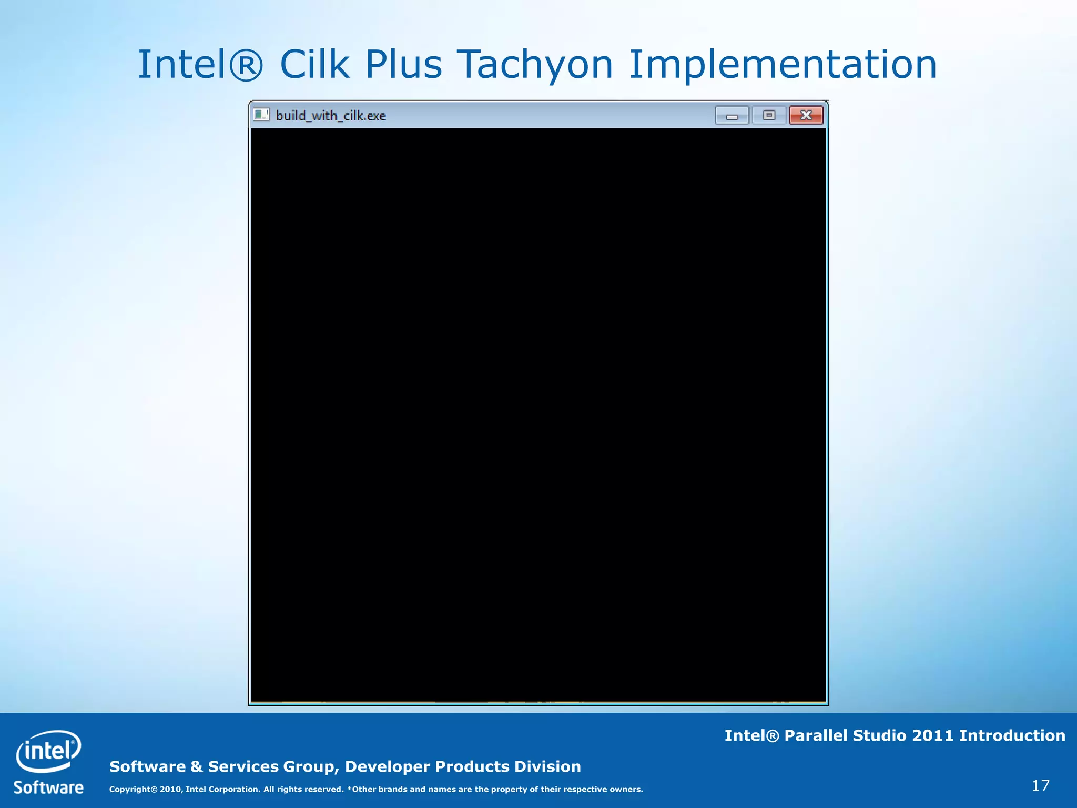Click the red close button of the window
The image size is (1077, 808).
[x=806, y=115]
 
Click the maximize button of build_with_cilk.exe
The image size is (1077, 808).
[x=769, y=115]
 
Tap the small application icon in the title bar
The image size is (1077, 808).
[x=261, y=115]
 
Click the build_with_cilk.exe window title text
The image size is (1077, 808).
[x=331, y=116]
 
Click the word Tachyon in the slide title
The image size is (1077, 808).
[x=535, y=65]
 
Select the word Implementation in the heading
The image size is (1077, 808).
[x=783, y=65]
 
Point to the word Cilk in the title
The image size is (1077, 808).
[x=314, y=65]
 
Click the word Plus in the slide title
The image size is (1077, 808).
[x=403, y=65]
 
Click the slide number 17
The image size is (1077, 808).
[x=1040, y=785]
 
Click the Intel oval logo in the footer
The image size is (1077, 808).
[x=48, y=751]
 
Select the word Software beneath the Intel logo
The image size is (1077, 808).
[x=48, y=787]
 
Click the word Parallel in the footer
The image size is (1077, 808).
[x=816, y=735]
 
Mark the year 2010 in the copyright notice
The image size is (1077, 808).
[x=171, y=789]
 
